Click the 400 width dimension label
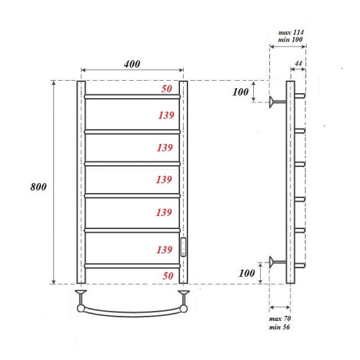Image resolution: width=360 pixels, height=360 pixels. point(132,64)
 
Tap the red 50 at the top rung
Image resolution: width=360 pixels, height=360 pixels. point(166,89)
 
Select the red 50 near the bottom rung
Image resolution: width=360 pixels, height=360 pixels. point(166,275)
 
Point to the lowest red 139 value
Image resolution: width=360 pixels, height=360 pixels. point(164,250)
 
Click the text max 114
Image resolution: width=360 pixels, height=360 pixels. point(291,32)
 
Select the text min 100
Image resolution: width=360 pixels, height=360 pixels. point(291,40)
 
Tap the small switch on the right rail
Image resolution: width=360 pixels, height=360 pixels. point(183,246)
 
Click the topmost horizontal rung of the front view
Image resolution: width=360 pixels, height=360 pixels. point(132,97)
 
